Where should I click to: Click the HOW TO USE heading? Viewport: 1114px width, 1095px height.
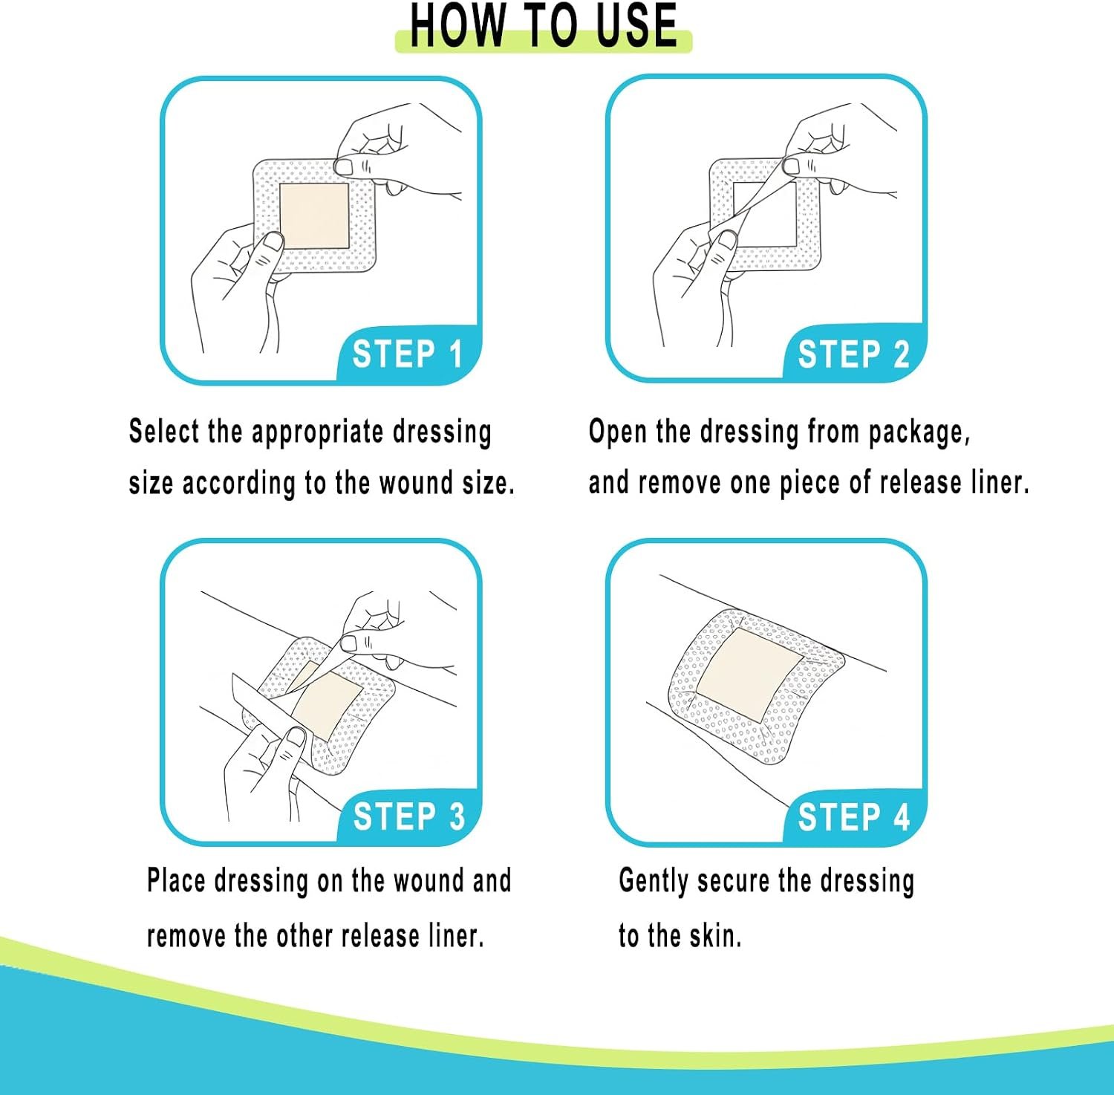(544, 26)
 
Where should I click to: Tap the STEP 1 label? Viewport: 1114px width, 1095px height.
(408, 354)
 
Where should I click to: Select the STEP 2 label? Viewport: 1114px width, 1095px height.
(853, 354)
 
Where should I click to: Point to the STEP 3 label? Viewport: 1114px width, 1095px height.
(409, 816)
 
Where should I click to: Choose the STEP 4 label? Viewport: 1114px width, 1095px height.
(854, 817)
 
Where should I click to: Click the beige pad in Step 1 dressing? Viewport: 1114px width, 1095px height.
(313, 216)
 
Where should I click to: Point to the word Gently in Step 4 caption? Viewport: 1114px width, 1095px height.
(654, 882)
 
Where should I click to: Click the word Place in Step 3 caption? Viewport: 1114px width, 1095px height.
(176, 880)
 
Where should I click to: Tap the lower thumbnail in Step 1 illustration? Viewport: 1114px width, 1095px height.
(273, 241)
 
